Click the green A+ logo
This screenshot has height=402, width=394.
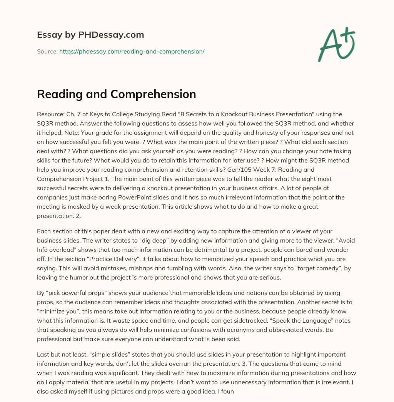pos(336,45)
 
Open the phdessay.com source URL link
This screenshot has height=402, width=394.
pos(132,51)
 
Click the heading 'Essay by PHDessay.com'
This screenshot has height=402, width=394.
pos(90,35)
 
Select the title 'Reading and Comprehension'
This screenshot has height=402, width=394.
pos(116,94)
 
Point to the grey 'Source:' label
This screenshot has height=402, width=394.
pos(47,51)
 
